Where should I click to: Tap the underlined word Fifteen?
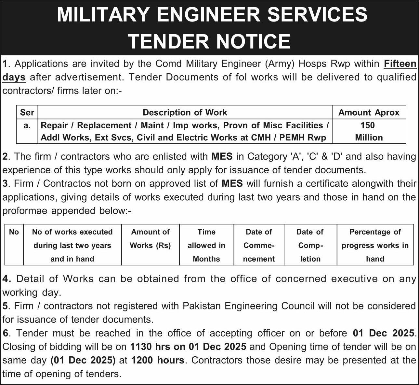tap(400, 64)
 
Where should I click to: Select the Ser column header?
tap(27, 112)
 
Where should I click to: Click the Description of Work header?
tap(185, 112)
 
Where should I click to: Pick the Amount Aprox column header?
tap(369, 112)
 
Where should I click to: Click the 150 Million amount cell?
tap(369, 131)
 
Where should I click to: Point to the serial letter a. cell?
tap(27, 125)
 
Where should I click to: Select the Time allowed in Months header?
tap(206, 245)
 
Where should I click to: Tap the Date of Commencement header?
tap(259, 245)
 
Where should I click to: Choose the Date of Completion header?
tap(310, 245)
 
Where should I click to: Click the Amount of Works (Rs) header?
tap(150, 239)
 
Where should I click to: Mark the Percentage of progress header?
tap(375, 245)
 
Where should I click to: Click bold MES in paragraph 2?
tap(222, 156)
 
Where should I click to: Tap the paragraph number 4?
tap(6, 279)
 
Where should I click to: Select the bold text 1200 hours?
tap(158, 360)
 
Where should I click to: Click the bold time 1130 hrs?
tap(150, 347)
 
